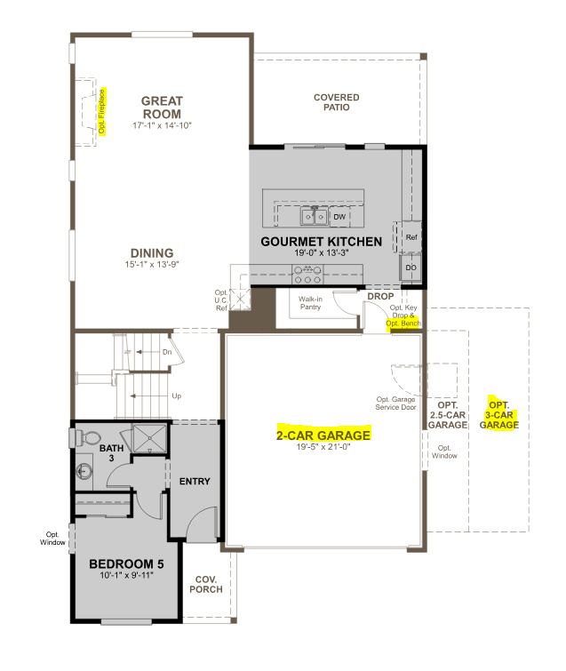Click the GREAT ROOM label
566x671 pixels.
point(161,108)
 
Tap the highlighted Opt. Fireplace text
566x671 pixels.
point(103,111)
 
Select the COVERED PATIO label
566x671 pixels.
point(336,102)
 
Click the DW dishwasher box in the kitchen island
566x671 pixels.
point(339,216)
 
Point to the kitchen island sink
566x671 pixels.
point(313,215)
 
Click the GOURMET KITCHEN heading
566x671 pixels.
point(321,242)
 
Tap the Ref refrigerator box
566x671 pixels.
point(411,237)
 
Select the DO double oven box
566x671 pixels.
point(411,267)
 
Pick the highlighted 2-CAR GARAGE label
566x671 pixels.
point(322,435)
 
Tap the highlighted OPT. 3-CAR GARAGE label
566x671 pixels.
point(499,413)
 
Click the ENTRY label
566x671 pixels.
point(195,482)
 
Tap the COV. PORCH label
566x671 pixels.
point(206,584)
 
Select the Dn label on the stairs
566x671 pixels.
point(166,352)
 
